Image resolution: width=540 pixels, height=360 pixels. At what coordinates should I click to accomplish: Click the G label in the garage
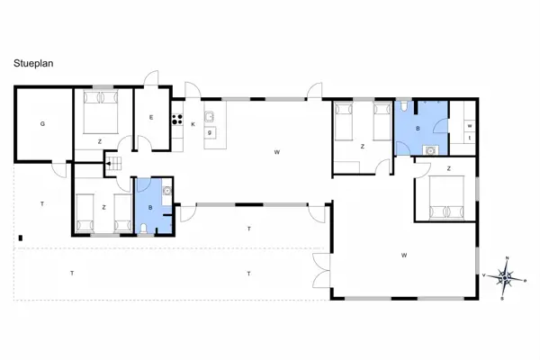click(x=41, y=125)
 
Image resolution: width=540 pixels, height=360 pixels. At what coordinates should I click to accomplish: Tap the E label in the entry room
click(x=151, y=118)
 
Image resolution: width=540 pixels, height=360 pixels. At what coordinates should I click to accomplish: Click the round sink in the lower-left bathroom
click(x=167, y=190)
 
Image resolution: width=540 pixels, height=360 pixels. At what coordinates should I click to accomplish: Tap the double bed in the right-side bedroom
click(x=446, y=197)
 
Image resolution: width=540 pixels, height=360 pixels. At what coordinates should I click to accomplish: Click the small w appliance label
click(x=470, y=124)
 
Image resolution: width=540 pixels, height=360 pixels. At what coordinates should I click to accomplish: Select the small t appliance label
click(x=470, y=138)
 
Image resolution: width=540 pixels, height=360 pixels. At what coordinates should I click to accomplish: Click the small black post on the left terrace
click(x=20, y=238)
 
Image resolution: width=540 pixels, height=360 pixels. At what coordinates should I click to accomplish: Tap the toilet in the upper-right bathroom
click(x=408, y=107)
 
